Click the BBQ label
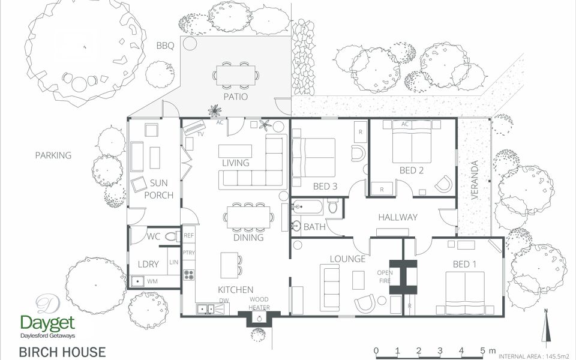pyautogui.click(x=165, y=46)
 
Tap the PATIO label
pyautogui.click(x=236, y=97)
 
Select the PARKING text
pyautogui.click(x=53, y=155)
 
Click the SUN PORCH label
pyautogui.click(x=162, y=189)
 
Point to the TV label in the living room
pyautogui.click(x=200, y=134)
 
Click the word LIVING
pyautogui.click(x=236, y=163)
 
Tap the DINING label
pyautogui.click(x=248, y=238)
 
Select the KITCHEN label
pyautogui.click(x=235, y=290)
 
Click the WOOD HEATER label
pyautogui.click(x=259, y=304)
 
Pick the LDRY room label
pyautogui.click(x=148, y=265)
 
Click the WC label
pyautogui.click(x=153, y=237)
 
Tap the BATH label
pyautogui.click(x=314, y=227)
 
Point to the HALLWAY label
pyautogui.click(x=397, y=217)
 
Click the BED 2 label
pyautogui.click(x=412, y=170)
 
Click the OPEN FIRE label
pyautogui.click(x=385, y=277)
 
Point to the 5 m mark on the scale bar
pyautogui.click(x=484, y=351)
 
